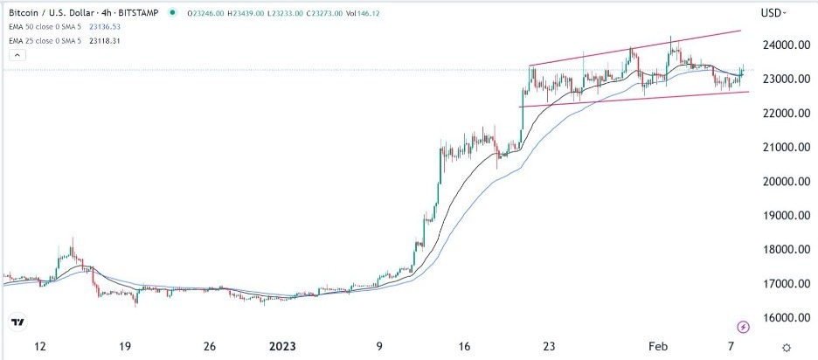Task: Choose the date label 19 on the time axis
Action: tap(126, 346)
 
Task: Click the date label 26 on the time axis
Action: tap(210, 346)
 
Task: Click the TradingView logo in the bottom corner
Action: tap(17, 322)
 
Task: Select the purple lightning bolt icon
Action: tap(743, 326)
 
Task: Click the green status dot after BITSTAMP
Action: tap(171, 13)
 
